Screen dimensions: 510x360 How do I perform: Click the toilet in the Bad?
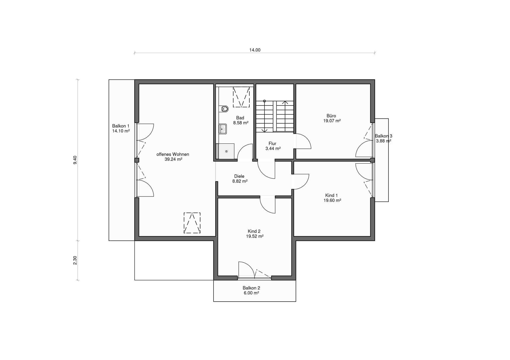click(224, 109)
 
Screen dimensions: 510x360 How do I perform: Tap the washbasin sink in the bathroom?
click(223, 129)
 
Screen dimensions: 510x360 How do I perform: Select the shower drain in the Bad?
click(227, 151)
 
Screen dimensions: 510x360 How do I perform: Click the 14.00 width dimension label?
click(255, 50)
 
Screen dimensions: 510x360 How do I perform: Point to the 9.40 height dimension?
click(75, 160)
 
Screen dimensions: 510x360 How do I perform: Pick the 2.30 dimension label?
click(75, 260)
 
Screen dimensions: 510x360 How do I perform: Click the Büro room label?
click(331, 116)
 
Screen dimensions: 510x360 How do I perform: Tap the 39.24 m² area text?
click(173, 159)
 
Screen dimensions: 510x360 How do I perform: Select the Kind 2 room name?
click(254, 231)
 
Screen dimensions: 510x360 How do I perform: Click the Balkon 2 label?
click(251, 288)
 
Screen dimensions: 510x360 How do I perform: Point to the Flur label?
click(272, 144)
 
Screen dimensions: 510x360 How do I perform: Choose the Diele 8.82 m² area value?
click(240, 181)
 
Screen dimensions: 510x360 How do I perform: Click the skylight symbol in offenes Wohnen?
click(192, 223)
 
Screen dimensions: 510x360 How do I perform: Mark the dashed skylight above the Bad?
click(241, 97)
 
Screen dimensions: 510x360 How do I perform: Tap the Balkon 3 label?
click(383, 136)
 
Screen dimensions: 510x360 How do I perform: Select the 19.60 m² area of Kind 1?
click(332, 200)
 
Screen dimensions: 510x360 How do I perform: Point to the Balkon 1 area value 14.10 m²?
click(121, 131)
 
